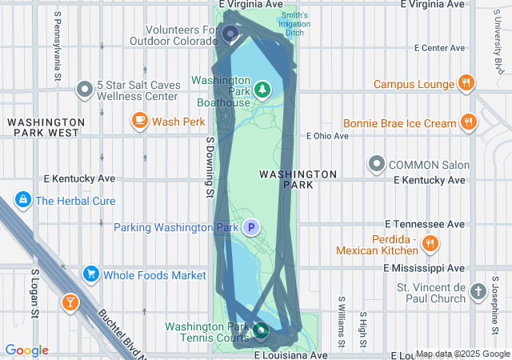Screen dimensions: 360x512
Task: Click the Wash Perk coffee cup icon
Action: tap(140, 121)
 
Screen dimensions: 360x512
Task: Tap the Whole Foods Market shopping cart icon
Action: tap(90, 274)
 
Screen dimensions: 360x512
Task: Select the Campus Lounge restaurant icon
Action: tap(466, 83)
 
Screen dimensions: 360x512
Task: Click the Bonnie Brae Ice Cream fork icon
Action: tap(469, 123)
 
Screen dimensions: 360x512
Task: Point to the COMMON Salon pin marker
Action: tap(377, 165)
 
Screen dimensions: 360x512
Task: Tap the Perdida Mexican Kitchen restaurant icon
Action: tap(430, 243)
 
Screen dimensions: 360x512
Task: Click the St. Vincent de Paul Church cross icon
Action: tap(478, 292)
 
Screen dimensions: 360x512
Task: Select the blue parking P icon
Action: tap(251, 228)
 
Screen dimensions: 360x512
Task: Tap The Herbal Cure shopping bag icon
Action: tap(24, 200)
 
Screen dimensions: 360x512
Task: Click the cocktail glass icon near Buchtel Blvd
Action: tap(70, 302)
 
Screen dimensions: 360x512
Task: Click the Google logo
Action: tap(26, 350)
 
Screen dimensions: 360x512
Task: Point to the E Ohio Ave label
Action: tap(326, 136)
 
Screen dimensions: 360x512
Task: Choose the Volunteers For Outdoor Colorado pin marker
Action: tap(230, 34)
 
